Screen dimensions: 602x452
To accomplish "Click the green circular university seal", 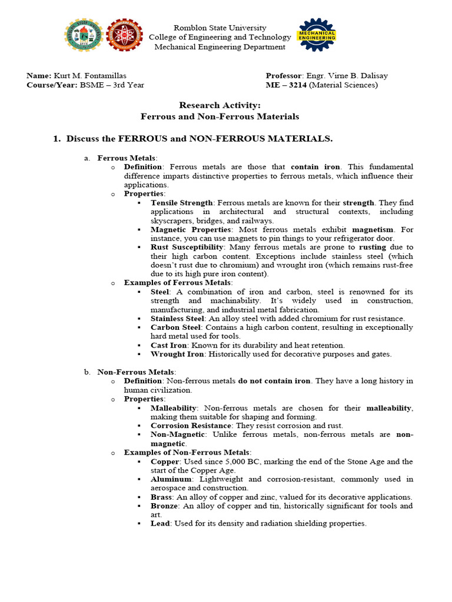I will pos(83,36).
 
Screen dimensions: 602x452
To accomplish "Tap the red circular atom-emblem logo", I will pos(125,36).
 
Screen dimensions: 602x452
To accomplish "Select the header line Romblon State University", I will pos(220,28).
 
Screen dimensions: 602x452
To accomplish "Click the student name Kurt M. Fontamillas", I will pos(90,76).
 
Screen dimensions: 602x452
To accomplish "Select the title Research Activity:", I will pos(220,105).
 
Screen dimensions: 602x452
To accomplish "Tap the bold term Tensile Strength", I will pos(181,203).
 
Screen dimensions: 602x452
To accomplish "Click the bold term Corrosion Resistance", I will pos(188,426).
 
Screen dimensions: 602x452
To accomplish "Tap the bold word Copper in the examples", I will pos(165,461).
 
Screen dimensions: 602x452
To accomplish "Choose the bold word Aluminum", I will pos(171,479).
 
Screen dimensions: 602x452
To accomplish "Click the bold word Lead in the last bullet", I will pos(160,523).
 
